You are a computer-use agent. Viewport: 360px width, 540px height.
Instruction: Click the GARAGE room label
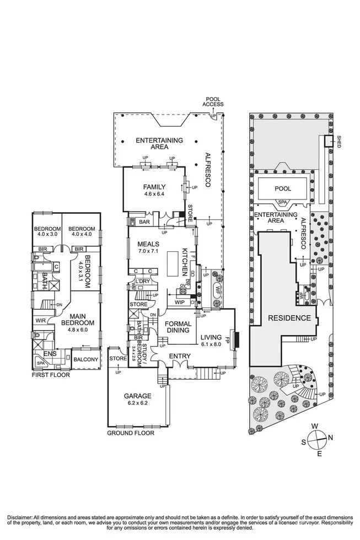(137, 395)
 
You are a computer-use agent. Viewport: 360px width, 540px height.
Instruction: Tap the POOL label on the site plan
(283, 188)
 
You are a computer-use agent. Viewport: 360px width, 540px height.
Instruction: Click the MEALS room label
(149, 244)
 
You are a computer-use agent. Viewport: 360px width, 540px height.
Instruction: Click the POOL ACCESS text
(213, 101)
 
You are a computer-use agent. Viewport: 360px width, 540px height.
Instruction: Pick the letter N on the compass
(331, 438)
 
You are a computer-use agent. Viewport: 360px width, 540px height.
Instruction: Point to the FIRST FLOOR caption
(47, 374)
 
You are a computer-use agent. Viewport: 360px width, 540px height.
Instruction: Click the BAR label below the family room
(145, 222)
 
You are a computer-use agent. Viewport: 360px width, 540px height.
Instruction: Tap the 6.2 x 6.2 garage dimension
(137, 402)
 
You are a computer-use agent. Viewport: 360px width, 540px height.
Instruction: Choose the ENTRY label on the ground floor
(179, 356)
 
